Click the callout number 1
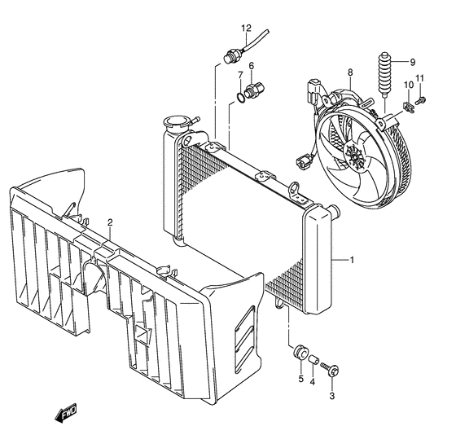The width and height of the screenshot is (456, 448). click(352, 261)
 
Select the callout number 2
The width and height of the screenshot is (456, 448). click(110, 222)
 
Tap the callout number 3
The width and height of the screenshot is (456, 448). click(332, 396)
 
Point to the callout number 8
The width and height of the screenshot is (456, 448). click(349, 73)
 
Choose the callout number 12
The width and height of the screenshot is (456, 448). click(246, 29)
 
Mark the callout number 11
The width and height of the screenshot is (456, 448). click(421, 78)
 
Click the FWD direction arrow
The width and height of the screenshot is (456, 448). click(65, 416)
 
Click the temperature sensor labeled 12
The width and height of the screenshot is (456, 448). click(231, 55)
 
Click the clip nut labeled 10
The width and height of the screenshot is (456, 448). click(407, 108)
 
